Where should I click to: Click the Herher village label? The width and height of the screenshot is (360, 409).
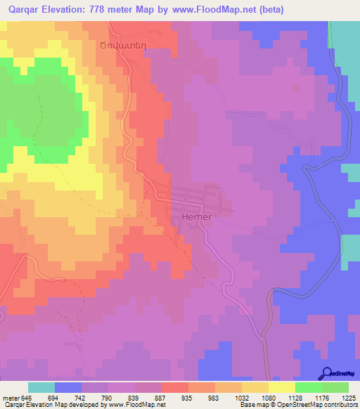(197, 217)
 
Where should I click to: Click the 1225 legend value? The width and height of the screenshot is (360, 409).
(340, 398)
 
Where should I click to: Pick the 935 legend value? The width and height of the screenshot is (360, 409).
(174, 398)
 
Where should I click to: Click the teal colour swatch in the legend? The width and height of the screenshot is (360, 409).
(41, 387)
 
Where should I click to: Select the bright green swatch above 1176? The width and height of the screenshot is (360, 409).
(308, 387)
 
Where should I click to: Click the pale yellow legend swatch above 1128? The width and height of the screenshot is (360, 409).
(281, 387)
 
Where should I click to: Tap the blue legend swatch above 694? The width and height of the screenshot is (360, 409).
(68, 387)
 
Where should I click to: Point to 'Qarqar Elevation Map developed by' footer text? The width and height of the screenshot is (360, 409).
(53, 405)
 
